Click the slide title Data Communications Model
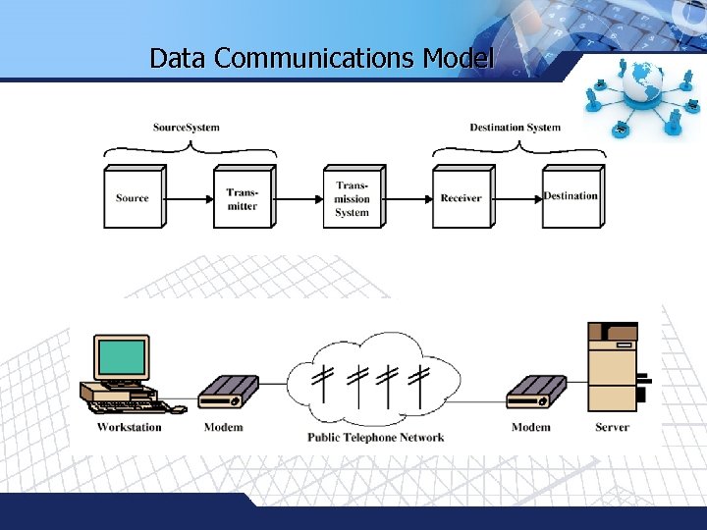321,58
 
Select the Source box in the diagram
133,198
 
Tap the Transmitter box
242,198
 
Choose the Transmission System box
352,198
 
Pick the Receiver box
462,198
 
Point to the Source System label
187,128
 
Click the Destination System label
515,128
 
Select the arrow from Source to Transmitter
190,198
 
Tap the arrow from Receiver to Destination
517,198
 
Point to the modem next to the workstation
228,394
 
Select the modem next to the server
536,394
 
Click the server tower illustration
613,368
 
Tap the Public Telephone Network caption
375,438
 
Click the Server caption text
612,427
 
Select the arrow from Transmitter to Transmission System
299,198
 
